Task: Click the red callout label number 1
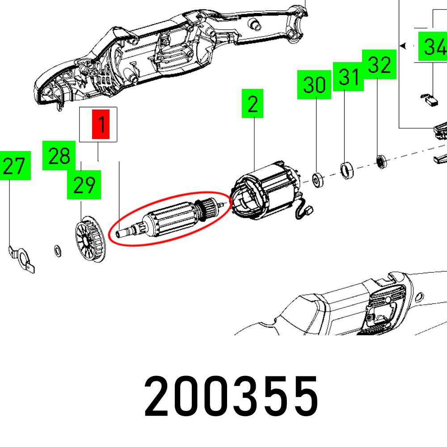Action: pyautogui.click(x=101, y=124)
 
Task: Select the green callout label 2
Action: pyautogui.click(x=253, y=104)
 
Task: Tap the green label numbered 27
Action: pyautogui.click(x=15, y=166)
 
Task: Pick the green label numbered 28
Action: pyautogui.click(x=59, y=156)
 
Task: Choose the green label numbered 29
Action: pyautogui.click(x=84, y=185)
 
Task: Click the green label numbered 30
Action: pyautogui.click(x=314, y=84)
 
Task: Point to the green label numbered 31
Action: pyautogui.click(x=348, y=76)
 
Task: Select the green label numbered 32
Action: pyautogui.click(x=379, y=64)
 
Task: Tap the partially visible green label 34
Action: pyautogui.click(x=433, y=46)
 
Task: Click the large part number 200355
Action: pyautogui.click(x=231, y=396)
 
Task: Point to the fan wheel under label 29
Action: pyautogui.click(x=90, y=239)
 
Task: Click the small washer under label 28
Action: pyautogui.click(x=58, y=251)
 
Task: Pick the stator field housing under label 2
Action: pyautogui.click(x=266, y=191)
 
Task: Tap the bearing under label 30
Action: pyautogui.click(x=318, y=180)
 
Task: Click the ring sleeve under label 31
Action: pyautogui.click(x=347, y=170)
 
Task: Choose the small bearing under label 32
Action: pyautogui.click(x=381, y=162)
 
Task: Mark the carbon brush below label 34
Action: pyautogui.click(x=430, y=100)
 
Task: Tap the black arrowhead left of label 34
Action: pyautogui.click(x=403, y=46)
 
